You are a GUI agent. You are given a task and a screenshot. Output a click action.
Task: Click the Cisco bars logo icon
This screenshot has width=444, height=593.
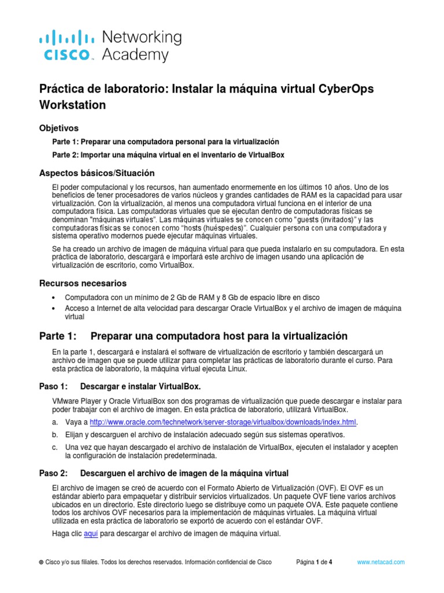(66, 38)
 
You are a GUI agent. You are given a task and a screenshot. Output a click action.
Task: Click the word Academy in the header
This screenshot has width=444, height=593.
(135, 55)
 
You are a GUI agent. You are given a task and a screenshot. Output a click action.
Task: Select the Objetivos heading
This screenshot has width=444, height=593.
(58, 127)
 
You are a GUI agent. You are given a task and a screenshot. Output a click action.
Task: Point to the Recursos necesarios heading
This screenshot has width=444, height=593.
(82, 283)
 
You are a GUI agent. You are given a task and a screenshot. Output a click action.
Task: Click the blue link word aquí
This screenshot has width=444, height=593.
(91, 533)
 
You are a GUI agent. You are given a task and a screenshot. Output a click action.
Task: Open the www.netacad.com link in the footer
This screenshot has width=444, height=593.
(380, 562)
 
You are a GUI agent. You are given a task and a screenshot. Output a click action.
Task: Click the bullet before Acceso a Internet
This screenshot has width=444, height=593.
(54, 308)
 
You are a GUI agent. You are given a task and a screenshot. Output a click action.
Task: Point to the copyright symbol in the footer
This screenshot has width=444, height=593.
(40, 562)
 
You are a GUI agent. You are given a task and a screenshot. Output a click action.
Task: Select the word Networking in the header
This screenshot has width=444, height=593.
(142, 37)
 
